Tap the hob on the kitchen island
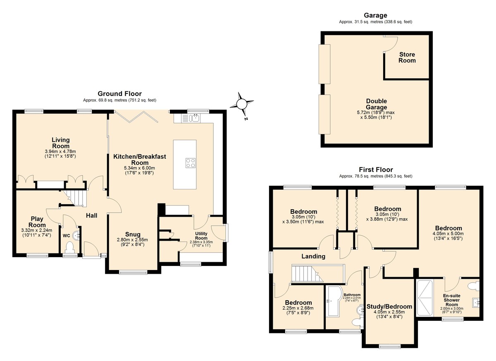[x=191, y=163]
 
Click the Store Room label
[x=407, y=57]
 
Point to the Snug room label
[x=133, y=234]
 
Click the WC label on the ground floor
[x=66, y=236]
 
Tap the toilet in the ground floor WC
[x=70, y=247]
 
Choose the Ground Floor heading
[x=119, y=93]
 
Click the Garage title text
[x=376, y=15]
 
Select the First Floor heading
[x=376, y=170]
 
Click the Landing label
[x=313, y=256]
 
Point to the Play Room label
[x=37, y=222]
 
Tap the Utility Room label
[x=201, y=236]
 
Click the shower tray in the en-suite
[x=425, y=298]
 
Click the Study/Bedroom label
[x=389, y=306]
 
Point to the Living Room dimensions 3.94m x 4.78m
[x=60, y=151]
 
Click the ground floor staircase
[x=74, y=198]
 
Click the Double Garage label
[x=376, y=104]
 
